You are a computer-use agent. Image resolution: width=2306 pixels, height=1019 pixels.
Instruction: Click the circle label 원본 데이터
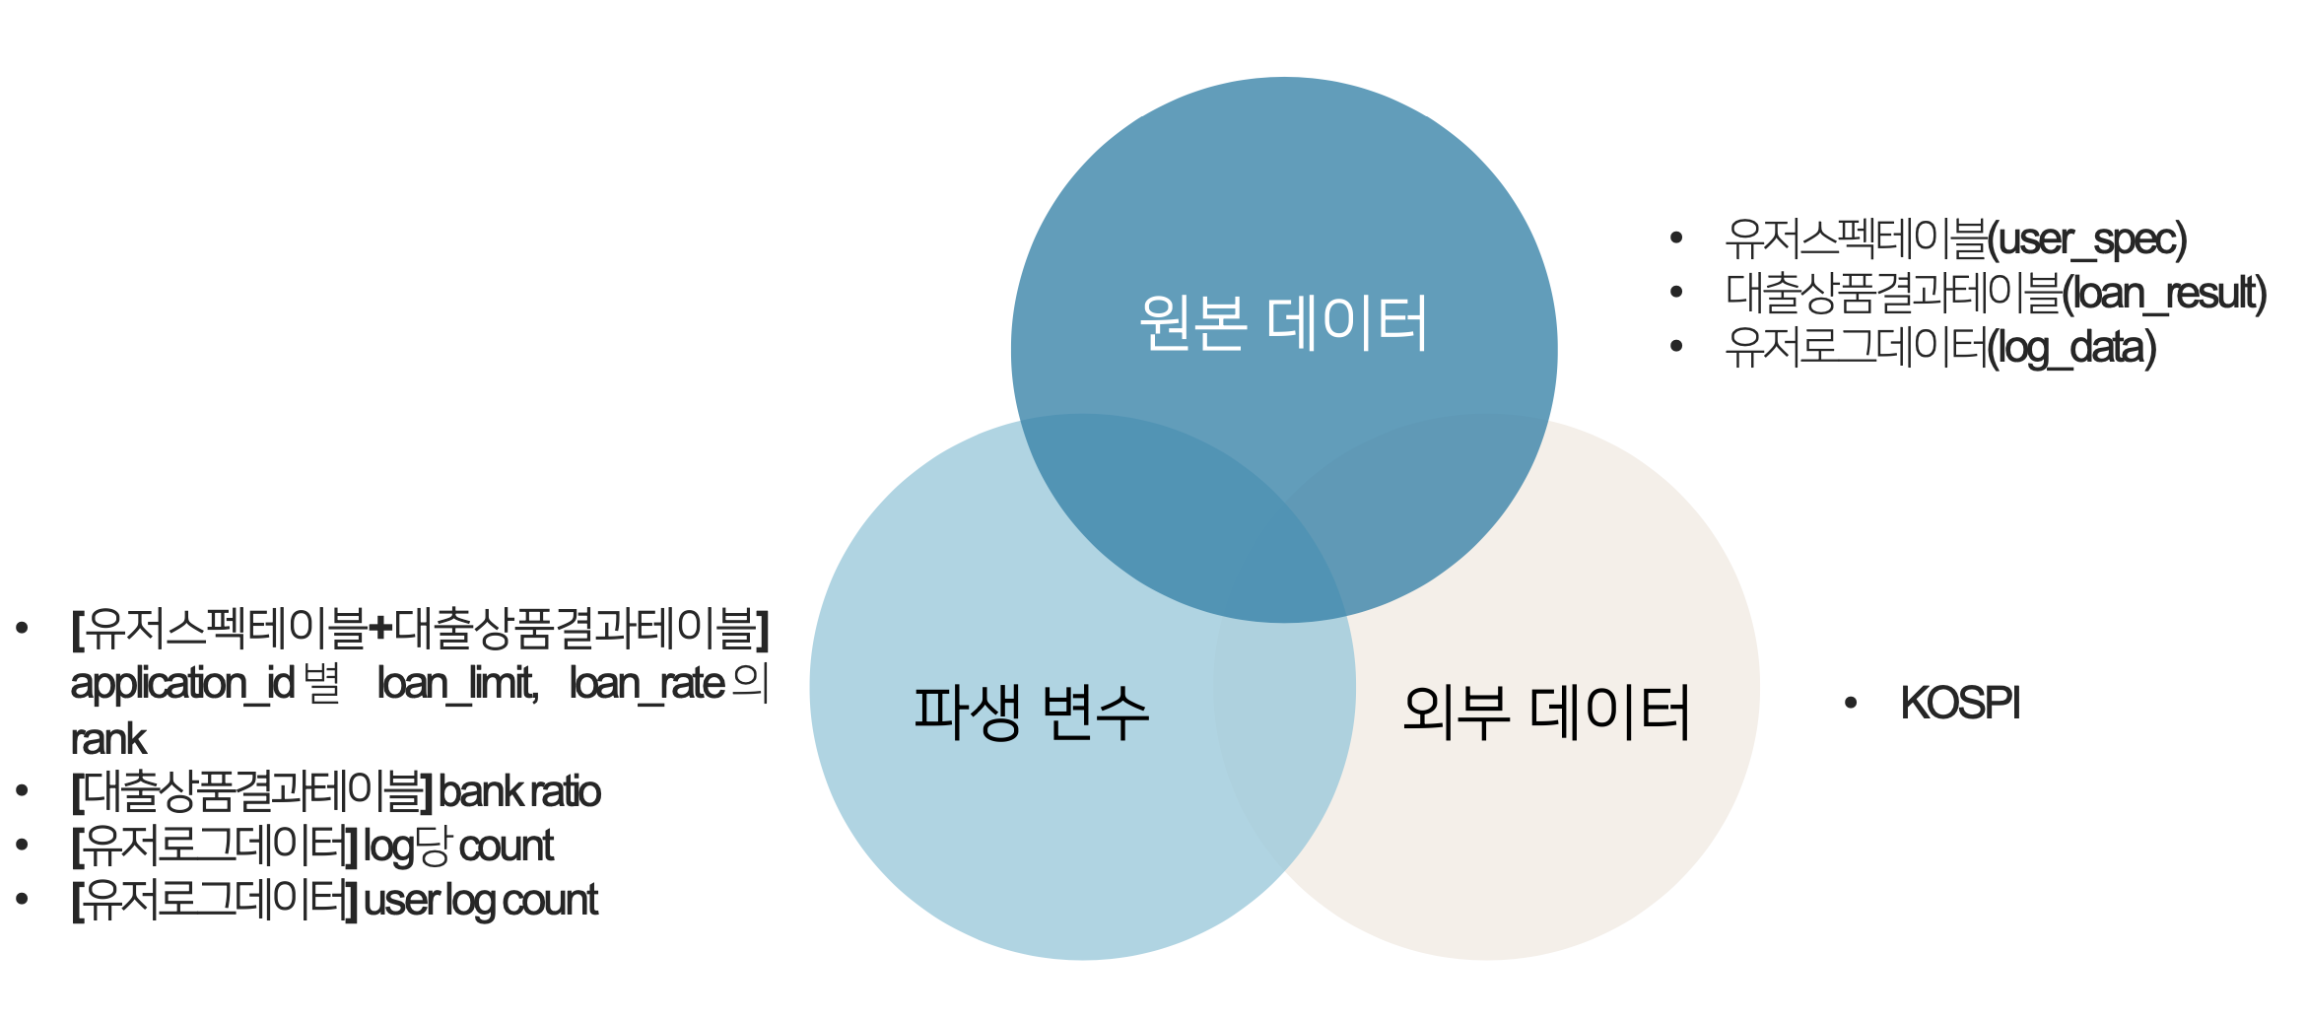tap(1283, 323)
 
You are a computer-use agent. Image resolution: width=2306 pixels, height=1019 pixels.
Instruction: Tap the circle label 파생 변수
tap(1031, 712)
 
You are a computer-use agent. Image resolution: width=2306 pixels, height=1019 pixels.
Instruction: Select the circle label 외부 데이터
tap(1545, 712)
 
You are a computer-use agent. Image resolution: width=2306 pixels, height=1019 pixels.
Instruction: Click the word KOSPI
tap(1959, 704)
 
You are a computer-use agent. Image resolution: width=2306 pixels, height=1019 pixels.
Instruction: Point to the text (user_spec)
tap(2086, 239)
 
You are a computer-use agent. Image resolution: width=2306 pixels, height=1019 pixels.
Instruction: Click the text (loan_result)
tap(2164, 294)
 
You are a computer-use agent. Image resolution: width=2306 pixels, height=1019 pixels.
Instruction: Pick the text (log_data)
tap(2071, 348)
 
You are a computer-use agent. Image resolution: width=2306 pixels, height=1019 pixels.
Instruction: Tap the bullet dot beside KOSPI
tap(1851, 703)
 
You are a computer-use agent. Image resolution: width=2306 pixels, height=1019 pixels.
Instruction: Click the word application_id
tap(182, 683)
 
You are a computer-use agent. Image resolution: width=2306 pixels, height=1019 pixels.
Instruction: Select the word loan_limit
tap(457, 683)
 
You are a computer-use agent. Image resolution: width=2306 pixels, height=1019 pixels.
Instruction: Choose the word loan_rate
tap(646, 683)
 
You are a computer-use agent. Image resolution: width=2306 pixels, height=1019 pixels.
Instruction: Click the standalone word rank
tap(108, 739)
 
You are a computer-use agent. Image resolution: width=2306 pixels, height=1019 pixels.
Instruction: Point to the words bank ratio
tap(519, 791)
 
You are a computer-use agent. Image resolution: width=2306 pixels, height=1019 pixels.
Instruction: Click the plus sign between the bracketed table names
tap(379, 629)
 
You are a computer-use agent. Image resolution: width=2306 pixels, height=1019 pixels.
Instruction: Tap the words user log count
tap(481, 900)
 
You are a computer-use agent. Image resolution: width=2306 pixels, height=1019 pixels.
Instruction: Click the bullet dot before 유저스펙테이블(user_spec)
tap(1676, 238)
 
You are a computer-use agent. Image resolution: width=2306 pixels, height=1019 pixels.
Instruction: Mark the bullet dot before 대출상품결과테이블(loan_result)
tap(1676, 292)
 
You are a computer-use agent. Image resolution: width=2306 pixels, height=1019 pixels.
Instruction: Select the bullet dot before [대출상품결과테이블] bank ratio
tap(22, 790)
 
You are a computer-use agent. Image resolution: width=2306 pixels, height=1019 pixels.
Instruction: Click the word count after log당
tap(507, 846)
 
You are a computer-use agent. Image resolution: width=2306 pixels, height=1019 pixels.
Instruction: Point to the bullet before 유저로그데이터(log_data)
tap(1676, 346)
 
